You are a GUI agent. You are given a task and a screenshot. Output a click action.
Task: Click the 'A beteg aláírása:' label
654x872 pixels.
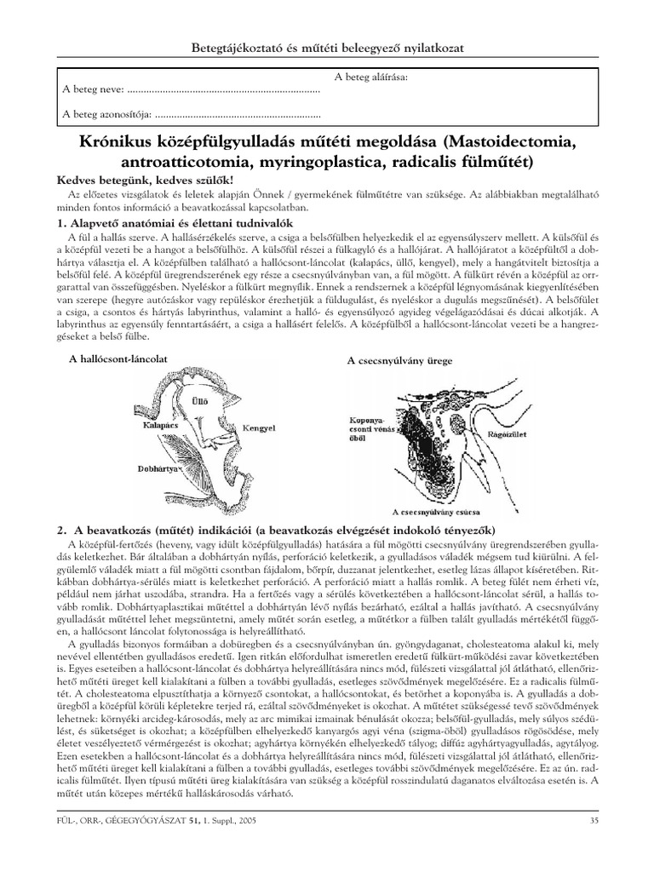(x=370, y=77)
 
